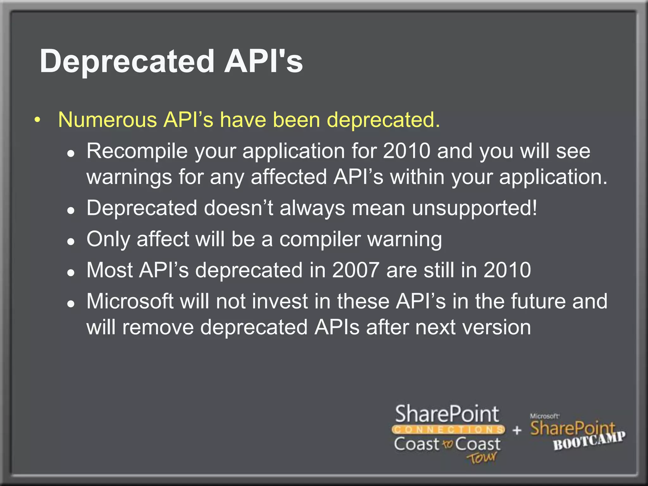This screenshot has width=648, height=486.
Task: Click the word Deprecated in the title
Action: (127, 61)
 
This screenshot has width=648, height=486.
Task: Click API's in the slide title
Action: (264, 61)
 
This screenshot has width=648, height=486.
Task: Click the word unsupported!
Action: (474, 208)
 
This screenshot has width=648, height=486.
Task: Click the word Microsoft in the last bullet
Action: (130, 301)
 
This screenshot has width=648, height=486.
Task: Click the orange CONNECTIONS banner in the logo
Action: (448, 430)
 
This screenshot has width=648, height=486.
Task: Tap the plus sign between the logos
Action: (517, 430)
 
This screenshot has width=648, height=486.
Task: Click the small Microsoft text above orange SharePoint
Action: (545, 416)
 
